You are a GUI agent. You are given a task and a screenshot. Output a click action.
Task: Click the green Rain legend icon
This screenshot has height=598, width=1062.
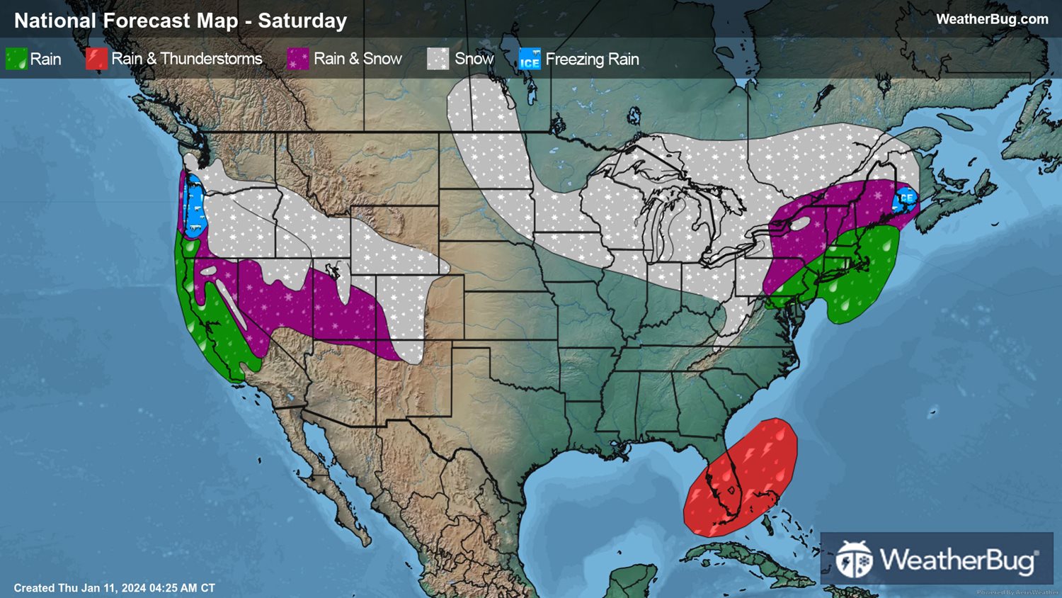(16, 59)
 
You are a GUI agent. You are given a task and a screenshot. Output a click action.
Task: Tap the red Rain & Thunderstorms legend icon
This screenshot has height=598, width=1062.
(96, 59)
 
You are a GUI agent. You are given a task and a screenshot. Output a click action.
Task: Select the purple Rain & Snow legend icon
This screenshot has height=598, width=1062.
(298, 59)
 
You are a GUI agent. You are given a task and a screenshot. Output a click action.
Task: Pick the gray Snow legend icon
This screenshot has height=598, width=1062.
(438, 59)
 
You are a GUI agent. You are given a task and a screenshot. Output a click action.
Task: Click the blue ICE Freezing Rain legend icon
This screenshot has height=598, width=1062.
(530, 59)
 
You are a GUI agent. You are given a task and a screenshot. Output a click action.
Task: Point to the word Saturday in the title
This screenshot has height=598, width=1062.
(302, 21)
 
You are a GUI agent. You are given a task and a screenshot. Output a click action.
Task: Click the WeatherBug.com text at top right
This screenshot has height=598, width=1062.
(992, 19)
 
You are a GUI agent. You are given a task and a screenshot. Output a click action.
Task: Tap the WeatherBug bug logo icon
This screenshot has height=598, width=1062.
(853, 560)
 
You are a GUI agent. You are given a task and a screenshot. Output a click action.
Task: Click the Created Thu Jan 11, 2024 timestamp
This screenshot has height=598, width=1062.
(114, 588)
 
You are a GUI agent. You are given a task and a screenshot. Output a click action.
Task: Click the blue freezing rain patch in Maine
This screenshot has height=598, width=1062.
(905, 200)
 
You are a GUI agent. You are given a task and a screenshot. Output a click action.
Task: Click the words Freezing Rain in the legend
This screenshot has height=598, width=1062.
(592, 59)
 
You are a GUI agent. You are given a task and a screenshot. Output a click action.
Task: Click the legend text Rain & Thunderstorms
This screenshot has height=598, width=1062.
(186, 59)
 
